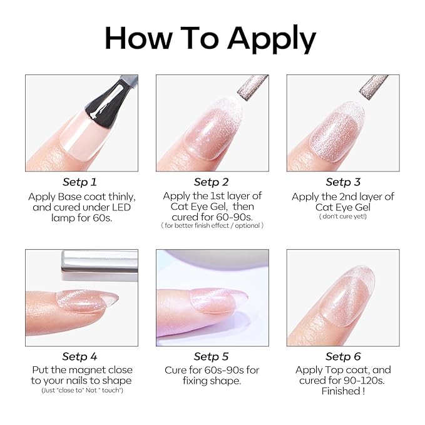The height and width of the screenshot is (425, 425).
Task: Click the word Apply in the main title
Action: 272,39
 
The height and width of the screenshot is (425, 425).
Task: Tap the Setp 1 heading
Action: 79,182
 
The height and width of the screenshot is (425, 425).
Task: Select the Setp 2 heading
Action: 211,182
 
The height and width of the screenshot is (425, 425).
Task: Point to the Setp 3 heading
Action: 343,182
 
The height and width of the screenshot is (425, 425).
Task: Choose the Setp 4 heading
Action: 79,356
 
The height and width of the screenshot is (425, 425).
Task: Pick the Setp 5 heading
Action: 211,356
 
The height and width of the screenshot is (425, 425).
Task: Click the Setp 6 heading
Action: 343,356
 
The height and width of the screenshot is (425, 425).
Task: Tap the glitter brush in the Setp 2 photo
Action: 253,88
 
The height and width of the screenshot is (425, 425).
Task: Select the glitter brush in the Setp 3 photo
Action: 374,87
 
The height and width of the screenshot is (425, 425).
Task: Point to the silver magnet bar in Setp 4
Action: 100,261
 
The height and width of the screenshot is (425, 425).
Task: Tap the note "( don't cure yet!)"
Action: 343,217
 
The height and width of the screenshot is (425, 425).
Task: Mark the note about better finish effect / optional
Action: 212,226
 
